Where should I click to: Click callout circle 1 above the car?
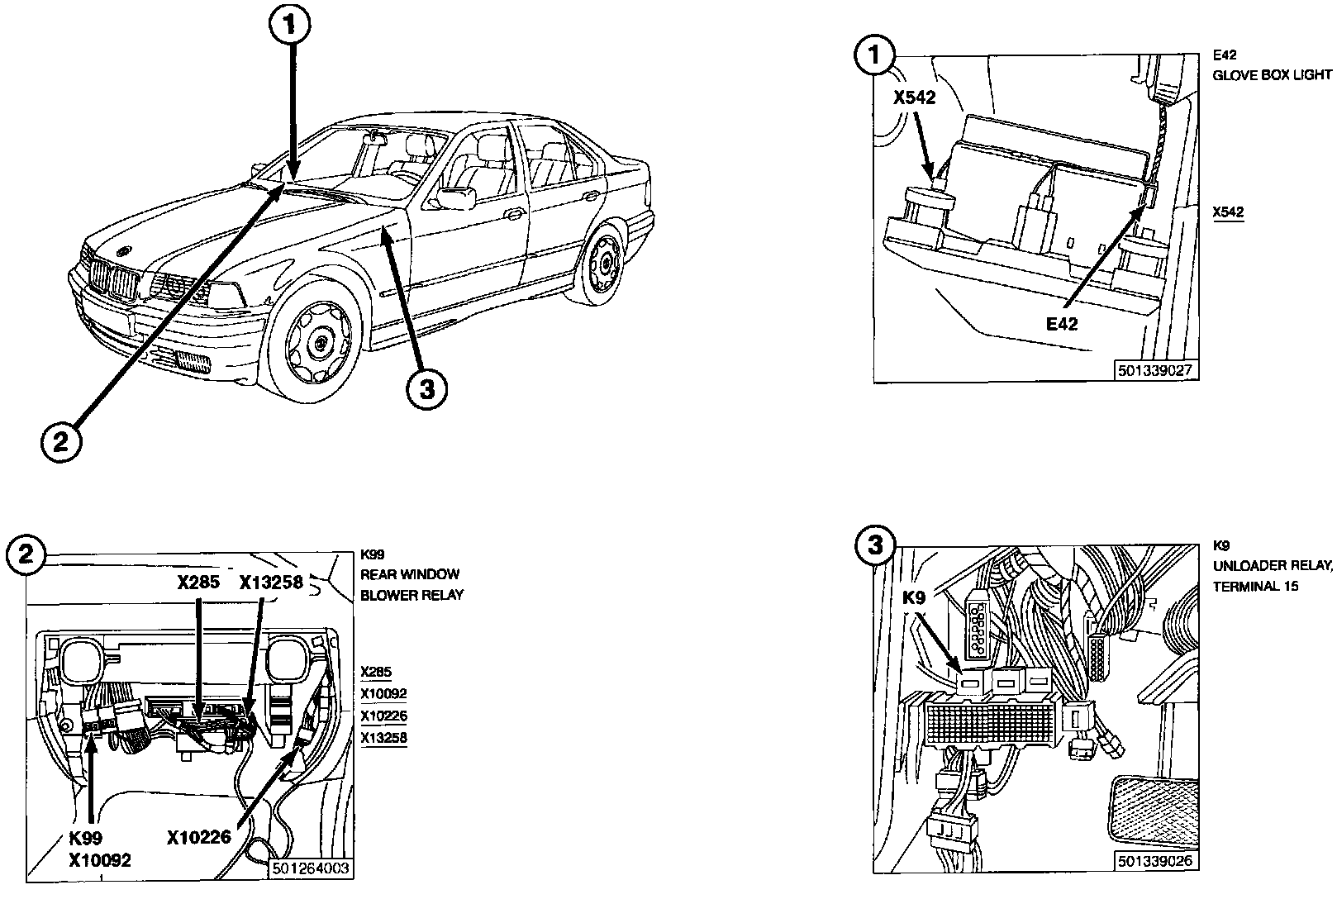point(288,27)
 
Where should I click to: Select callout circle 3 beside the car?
point(425,388)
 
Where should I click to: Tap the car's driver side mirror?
point(457,197)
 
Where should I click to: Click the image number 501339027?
point(1155,371)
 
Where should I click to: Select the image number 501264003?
point(309,868)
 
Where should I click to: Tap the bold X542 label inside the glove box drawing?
point(914,98)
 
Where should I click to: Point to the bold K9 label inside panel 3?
point(913,598)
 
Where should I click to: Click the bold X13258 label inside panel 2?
point(272,582)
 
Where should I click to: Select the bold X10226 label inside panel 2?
point(199,839)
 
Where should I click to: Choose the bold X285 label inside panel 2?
point(198,582)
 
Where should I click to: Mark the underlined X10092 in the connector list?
point(383,694)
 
